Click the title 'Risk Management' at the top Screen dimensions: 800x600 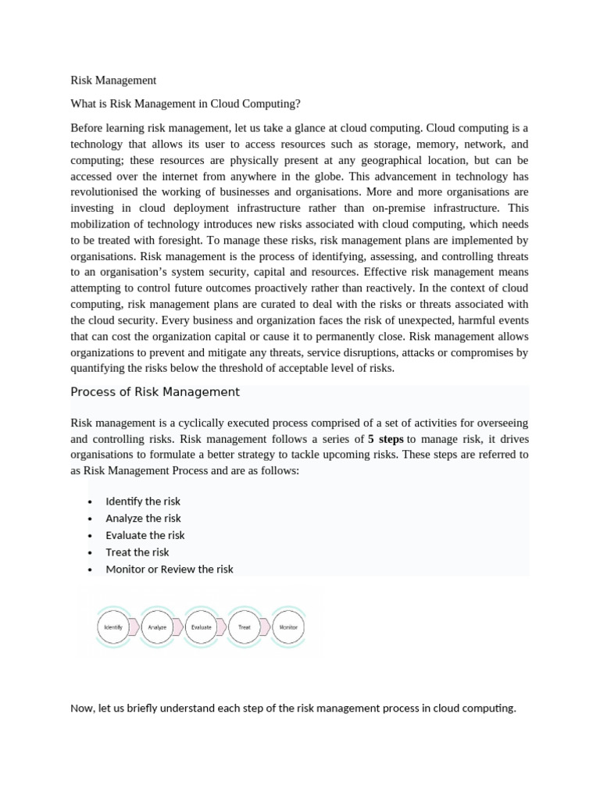click(113, 80)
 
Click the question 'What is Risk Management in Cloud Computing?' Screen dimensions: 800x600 click(185, 103)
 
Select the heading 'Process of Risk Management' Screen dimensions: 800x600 click(155, 392)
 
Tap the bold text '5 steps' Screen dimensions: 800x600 click(385, 439)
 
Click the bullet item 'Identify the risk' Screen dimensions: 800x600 click(143, 502)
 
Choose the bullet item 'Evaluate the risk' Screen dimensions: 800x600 click(145, 535)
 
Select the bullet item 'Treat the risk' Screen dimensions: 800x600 click(137, 552)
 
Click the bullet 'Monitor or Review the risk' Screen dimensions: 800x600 click(170, 570)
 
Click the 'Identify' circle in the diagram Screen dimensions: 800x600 click(112, 627)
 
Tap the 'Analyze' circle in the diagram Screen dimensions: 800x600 click(157, 627)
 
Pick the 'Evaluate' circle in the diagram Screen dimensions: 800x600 click(201, 627)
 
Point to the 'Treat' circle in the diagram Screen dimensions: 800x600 click(245, 627)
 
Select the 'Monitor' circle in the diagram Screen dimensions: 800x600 click(288, 627)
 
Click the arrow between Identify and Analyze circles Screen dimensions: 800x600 click(134, 627)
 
